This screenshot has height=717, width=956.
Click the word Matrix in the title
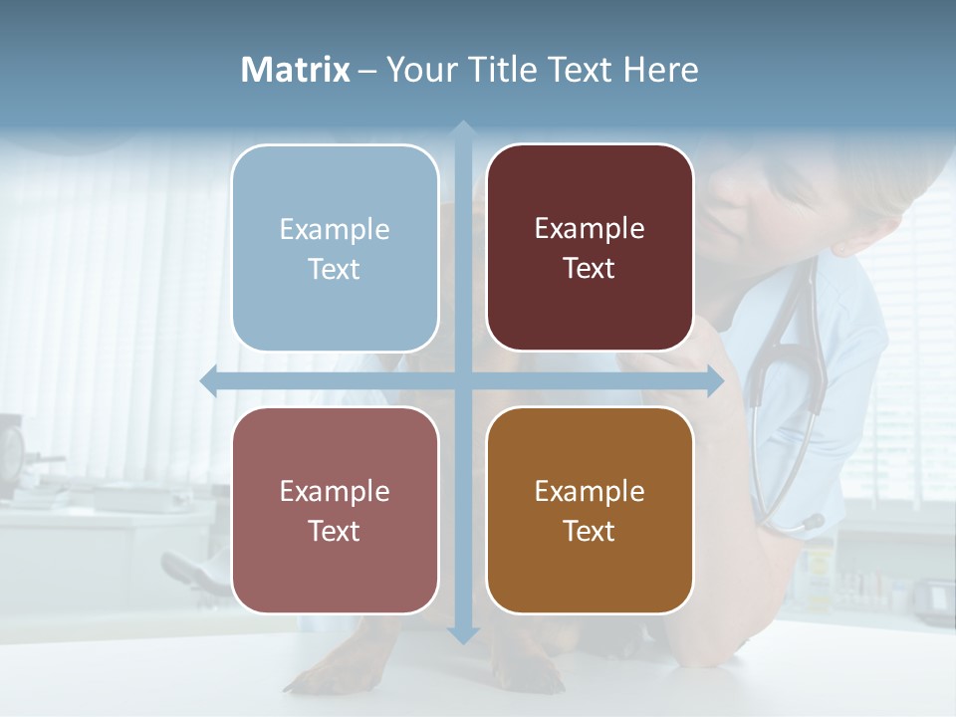point(296,70)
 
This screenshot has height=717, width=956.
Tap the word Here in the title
point(661,70)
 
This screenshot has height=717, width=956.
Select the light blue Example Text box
point(335,248)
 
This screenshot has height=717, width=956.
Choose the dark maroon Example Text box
point(590,248)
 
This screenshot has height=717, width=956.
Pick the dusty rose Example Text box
point(335,510)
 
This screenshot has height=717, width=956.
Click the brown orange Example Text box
point(590,510)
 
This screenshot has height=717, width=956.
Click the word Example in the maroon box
point(590,229)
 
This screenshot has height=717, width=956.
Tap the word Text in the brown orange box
point(590,531)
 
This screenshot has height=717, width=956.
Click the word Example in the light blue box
point(335,229)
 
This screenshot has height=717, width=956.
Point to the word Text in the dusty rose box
point(335,531)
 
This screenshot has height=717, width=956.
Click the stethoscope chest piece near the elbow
point(809,523)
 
